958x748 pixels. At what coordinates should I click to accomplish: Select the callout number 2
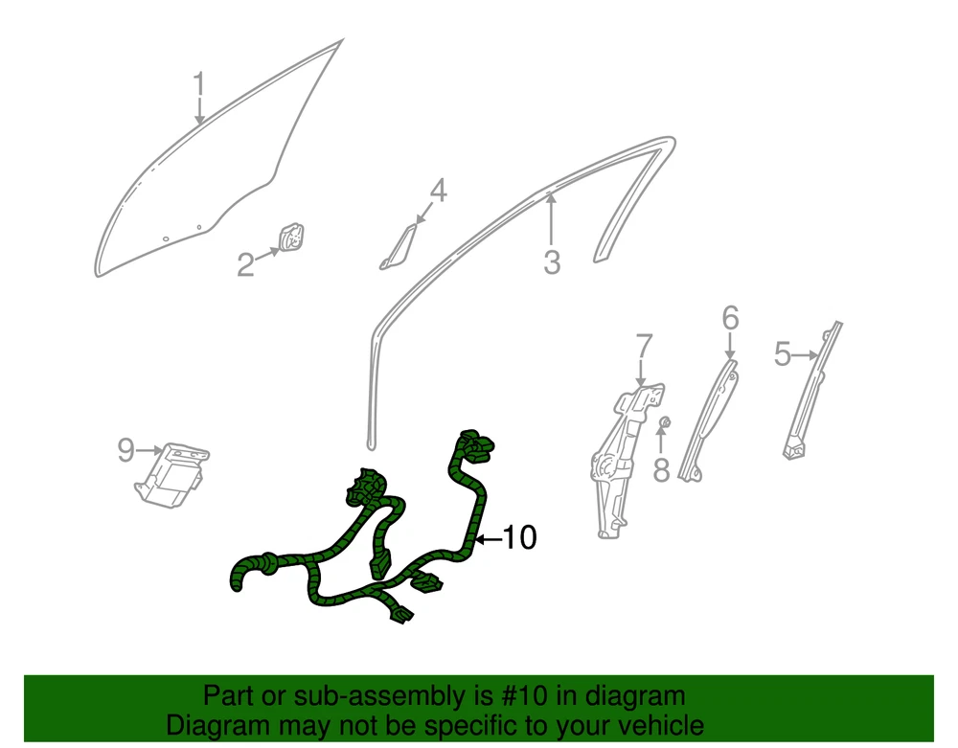click(x=245, y=265)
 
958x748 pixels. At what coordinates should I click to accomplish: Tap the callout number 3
click(x=552, y=262)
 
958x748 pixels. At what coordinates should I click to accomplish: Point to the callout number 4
click(x=438, y=192)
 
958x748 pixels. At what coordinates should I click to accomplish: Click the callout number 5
click(x=782, y=354)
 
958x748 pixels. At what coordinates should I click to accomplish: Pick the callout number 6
click(x=730, y=318)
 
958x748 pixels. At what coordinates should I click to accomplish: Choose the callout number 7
click(x=644, y=346)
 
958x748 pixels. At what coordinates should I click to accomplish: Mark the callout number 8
click(x=661, y=470)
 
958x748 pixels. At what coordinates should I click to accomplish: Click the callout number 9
click(x=125, y=450)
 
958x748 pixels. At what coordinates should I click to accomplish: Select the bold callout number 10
click(x=518, y=538)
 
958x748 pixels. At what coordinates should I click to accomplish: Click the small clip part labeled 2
click(x=292, y=237)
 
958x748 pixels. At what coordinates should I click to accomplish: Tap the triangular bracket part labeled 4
click(x=398, y=247)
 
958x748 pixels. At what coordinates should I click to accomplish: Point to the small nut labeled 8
click(x=666, y=421)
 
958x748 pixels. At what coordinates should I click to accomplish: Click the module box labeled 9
click(x=171, y=474)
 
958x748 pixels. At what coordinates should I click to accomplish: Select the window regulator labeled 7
click(x=627, y=461)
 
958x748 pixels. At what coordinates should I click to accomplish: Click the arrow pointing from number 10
click(x=489, y=539)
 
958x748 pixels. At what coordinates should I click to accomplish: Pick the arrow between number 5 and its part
click(x=806, y=354)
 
